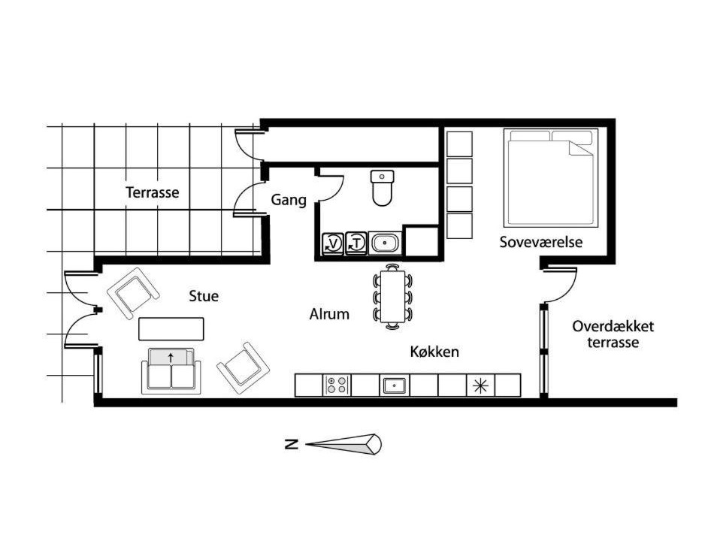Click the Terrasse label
[x=153, y=192]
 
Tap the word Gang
[x=289, y=200]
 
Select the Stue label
[x=204, y=296]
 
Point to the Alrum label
[x=329, y=314]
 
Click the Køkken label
[x=434, y=352]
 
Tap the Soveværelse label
[x=541, y=242]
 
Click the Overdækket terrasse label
[x=613, y=334]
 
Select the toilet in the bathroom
[x=382, y=188]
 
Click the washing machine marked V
[x=333, y=243]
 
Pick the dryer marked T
[x=356, y=243]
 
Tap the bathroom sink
[x=385, y=243]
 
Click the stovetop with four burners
[x=337, y=385]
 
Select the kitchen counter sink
[x=395, y=385]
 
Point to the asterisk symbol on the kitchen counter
[x=480, y=385]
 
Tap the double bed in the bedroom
[x=551, y=177]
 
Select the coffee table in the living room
[x=171, y=329]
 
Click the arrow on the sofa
[x=171, y=358]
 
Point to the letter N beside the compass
[x=292, y=445]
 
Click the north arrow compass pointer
[x=343, y=445]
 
